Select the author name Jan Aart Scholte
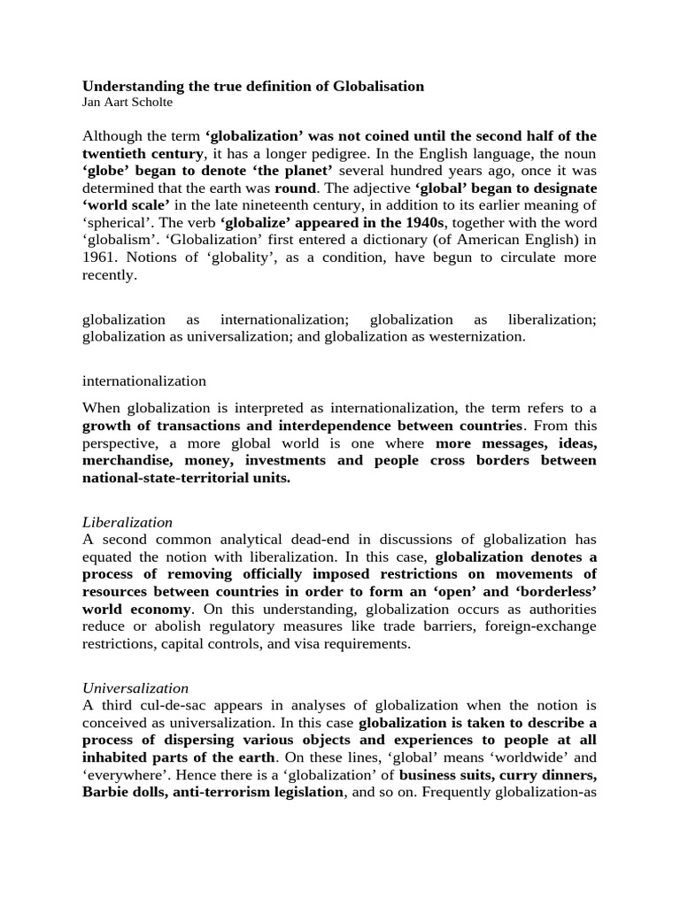(127, 102)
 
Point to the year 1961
(99, 257)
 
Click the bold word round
(295, 188)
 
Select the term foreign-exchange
(542, 626)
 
